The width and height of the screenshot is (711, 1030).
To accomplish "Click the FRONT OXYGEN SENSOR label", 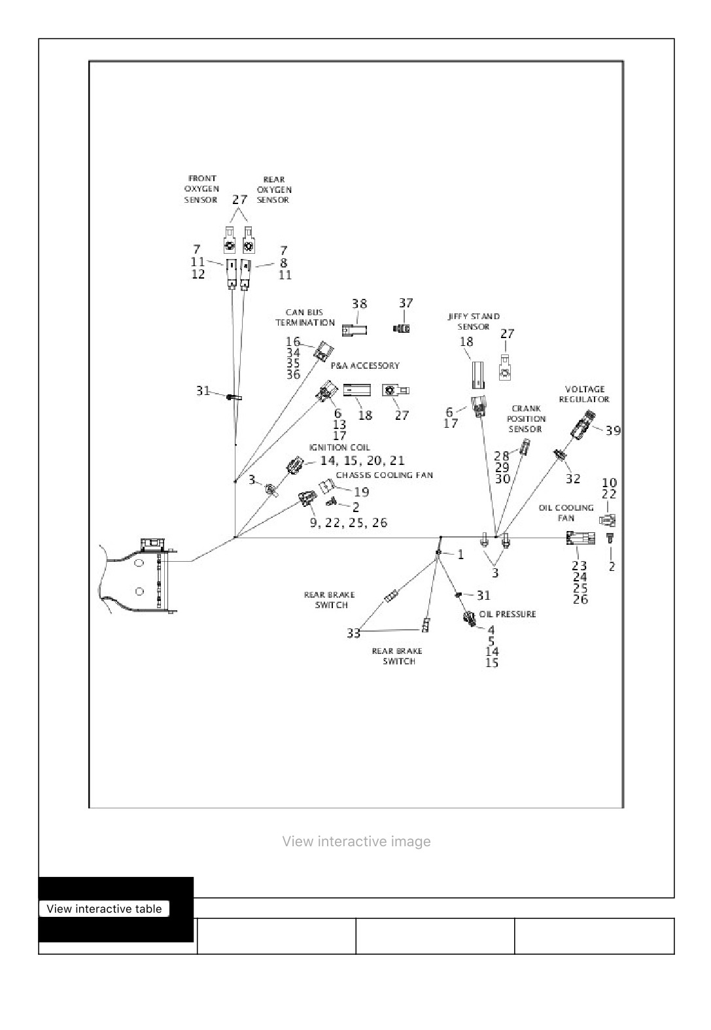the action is [201, 189].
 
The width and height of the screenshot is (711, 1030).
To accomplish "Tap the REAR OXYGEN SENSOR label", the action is [274, 190].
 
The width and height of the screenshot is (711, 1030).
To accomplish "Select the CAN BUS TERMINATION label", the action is [305, 318].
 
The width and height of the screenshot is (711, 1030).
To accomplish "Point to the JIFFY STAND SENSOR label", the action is [474, 321].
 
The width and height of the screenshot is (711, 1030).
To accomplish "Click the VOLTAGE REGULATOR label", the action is [585, 394].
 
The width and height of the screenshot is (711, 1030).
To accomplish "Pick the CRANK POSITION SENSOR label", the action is [526, 419].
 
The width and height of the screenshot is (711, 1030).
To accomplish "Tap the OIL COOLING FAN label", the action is [566, 513].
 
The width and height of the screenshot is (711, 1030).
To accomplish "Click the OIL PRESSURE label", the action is [508, 614].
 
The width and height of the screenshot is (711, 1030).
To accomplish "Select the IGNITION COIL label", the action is [339, 447].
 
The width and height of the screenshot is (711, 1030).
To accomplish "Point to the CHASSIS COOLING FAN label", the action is [385, 475].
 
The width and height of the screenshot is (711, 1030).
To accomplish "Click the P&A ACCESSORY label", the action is [365, 366].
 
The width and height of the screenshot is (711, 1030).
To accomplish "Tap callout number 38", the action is [360, 304].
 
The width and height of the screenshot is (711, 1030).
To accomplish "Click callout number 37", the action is [406, 303].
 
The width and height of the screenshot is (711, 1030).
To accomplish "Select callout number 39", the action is [613, 430].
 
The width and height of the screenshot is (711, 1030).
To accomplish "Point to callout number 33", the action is [353, 633].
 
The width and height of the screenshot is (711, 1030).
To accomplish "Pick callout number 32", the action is [573, 479].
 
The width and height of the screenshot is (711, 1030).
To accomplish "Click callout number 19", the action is [362, 492].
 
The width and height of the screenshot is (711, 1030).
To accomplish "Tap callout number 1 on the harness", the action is [460, 555].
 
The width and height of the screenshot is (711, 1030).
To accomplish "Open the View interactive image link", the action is [356, 842].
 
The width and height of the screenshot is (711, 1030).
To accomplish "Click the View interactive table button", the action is [105, 908].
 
